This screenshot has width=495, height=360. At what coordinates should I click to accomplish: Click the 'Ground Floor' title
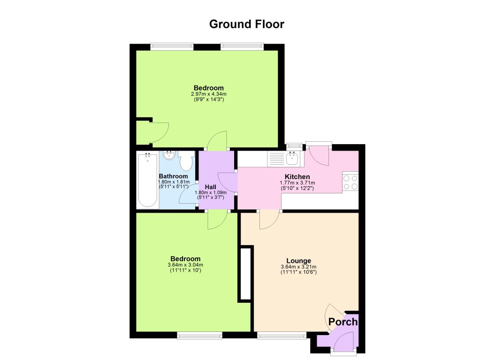246,24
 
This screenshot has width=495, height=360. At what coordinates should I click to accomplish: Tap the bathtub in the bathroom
147,180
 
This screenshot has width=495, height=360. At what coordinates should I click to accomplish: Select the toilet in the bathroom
187,161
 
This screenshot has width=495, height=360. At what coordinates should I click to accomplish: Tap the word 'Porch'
343,322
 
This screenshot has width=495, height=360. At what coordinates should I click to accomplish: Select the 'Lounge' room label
298,261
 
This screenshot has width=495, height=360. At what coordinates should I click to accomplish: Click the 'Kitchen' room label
297,176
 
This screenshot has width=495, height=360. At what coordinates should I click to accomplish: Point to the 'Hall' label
210,187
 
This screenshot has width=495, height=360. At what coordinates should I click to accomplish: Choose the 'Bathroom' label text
173,176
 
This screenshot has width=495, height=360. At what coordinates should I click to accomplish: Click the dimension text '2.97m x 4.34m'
209,94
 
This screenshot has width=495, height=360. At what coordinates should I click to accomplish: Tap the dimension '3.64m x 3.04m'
185,265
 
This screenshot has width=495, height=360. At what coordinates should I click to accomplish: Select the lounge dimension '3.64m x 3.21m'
298,267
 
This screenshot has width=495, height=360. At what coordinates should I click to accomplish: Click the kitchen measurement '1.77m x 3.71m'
297,183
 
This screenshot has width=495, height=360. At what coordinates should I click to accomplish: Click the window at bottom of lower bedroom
199,335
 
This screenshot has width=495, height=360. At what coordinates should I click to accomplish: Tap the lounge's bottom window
282,335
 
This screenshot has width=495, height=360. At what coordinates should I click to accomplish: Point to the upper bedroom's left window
172,46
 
